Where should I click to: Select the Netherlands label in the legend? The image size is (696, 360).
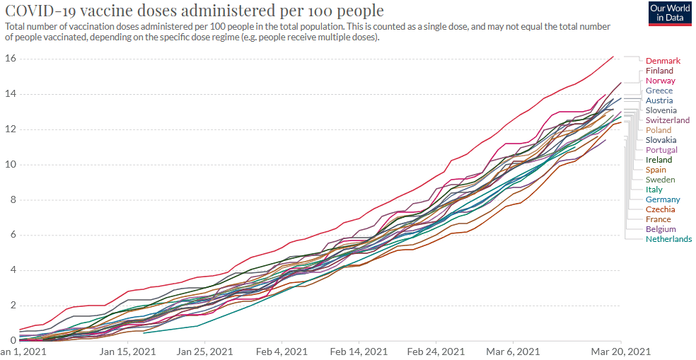tap(668, 239)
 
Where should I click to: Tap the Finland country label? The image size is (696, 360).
tap(659, 71)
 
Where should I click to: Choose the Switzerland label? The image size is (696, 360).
tap(668, 120)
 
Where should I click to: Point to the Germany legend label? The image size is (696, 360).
tap(663, 199)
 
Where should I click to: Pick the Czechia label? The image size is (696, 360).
tap(660, 209)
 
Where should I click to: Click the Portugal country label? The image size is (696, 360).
tap(661, 150)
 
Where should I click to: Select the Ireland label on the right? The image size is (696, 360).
tap(659, 160)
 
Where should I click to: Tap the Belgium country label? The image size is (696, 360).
tap(661, 229)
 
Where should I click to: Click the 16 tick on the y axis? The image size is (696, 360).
tap(10, 58)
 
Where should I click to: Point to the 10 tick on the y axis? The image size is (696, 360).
tap(10, 165)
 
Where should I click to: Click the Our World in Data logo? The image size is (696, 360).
tap(669, 13)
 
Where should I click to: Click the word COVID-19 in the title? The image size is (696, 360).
tap(39, 11)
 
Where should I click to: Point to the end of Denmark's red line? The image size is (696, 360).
tap(613, 57)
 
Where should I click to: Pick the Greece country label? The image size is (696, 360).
tap(659, 91)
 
